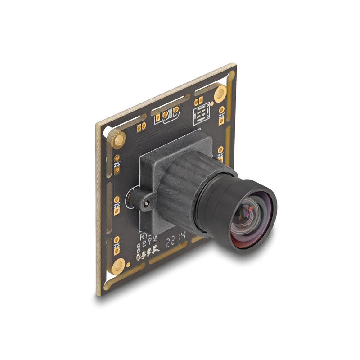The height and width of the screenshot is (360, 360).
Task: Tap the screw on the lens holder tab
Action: tap(146, 203)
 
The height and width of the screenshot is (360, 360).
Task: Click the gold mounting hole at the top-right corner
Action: tap(220, 93)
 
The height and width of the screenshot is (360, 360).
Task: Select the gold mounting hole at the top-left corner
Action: tap(118, 140)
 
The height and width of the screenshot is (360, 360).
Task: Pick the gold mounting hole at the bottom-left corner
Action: tap(118, 266)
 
